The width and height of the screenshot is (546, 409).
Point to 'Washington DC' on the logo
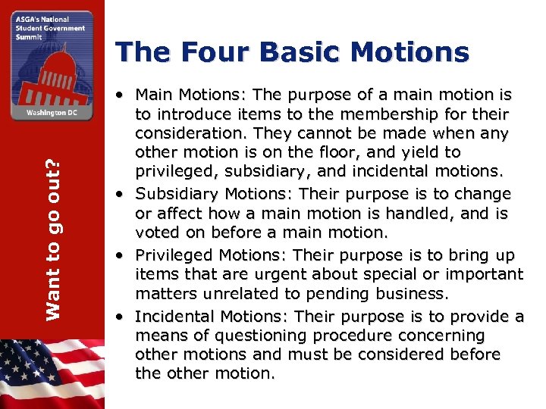pyautogui.click(x=52, y=111)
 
